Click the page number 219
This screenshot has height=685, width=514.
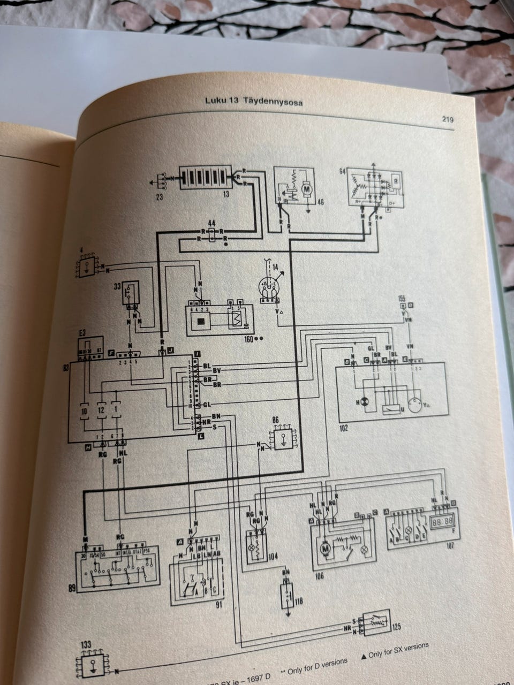coord(448,119)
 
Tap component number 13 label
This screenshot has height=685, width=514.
coord(226,194)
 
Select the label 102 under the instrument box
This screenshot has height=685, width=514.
coord(343,428)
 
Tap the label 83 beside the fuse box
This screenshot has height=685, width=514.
coord(66,369)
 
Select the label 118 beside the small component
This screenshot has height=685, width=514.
coord(298,602)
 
